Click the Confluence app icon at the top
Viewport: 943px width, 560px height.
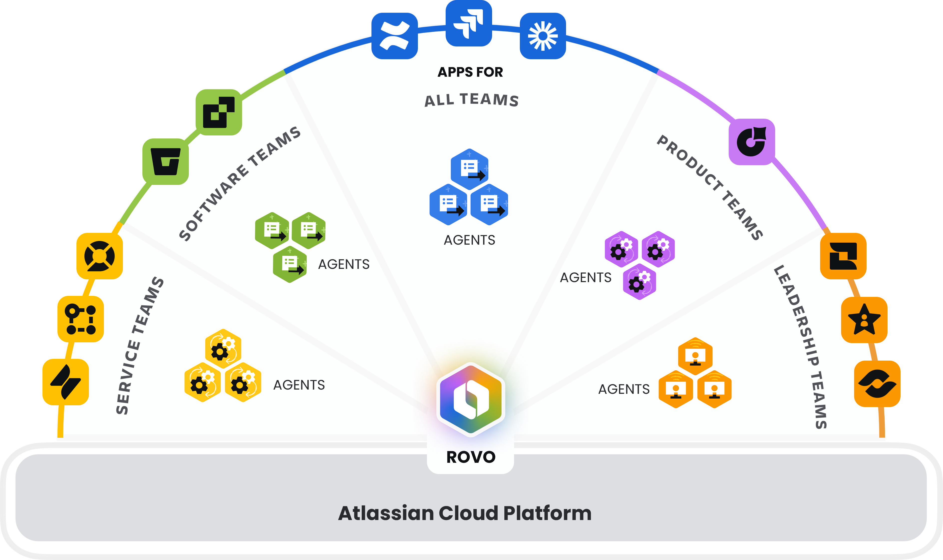point(394,36)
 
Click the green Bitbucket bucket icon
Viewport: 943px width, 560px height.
point(166,161)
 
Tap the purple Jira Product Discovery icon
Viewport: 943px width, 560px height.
point(751,142)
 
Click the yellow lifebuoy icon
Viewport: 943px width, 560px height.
point(100,256)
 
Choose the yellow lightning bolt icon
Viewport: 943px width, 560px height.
point(66,382)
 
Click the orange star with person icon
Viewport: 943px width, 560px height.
point(864,320)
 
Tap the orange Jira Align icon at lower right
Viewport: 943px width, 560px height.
point(877,384)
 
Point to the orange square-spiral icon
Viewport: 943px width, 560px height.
point(843,256)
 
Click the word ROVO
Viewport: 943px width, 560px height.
point(470,457)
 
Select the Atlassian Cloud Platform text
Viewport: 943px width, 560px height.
point(465,513)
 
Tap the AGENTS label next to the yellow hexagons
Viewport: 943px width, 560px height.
point(299,385)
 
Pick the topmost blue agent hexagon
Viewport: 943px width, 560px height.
point(469,169)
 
